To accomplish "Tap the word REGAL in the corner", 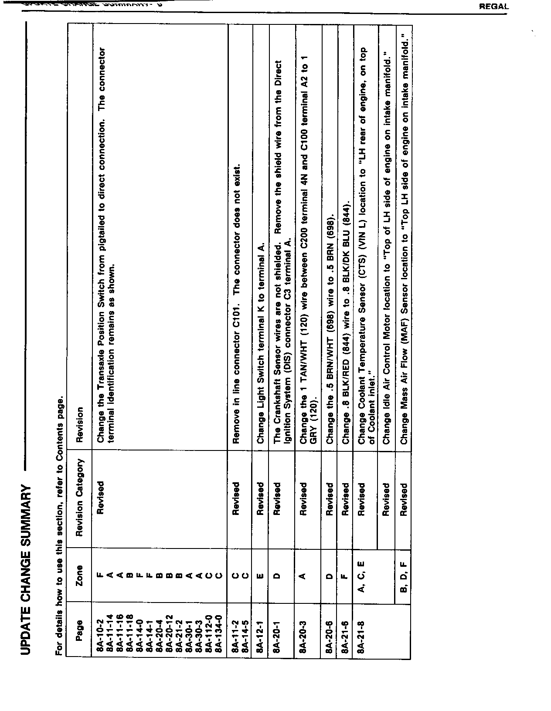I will coord(493,7).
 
